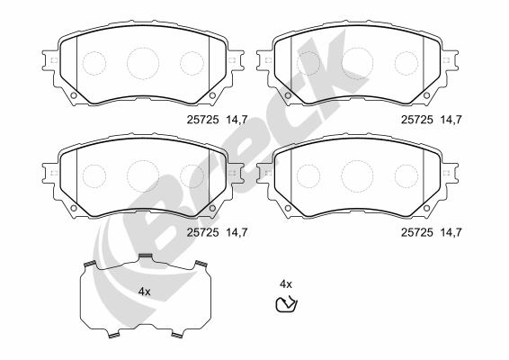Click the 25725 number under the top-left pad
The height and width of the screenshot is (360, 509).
point(202,120)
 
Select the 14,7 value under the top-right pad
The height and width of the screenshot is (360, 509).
point(451,120)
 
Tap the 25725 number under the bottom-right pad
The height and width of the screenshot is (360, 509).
point(416,232)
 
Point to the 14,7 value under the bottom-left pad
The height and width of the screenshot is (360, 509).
point(237,232)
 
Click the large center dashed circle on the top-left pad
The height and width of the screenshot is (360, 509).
point(143,63)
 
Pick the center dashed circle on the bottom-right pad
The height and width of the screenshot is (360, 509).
point(357,176)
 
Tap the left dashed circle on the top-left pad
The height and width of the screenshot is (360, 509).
point(94,63)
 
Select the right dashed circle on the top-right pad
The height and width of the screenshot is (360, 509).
point(406,63)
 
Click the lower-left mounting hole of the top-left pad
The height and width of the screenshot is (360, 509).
point(74,95)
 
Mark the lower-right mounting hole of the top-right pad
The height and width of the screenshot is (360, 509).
point(426,95)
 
